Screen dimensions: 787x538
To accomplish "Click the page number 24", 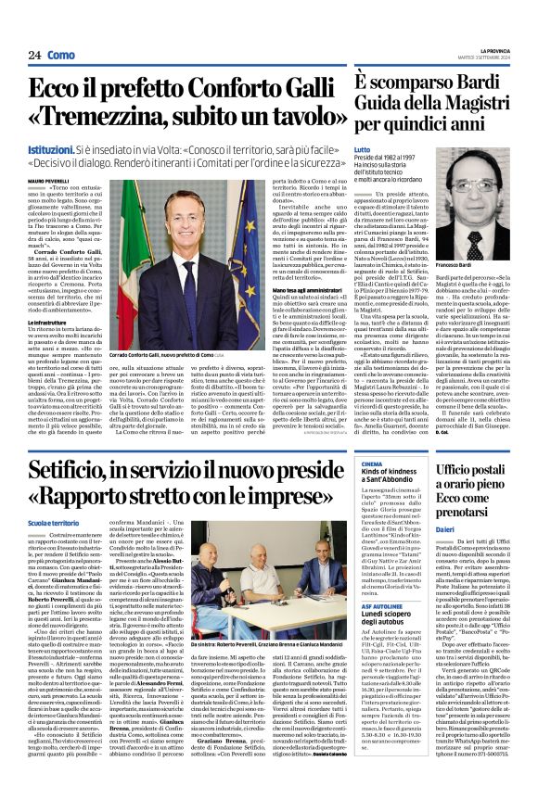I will [34, 56].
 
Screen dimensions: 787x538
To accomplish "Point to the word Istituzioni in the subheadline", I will [54, 148].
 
